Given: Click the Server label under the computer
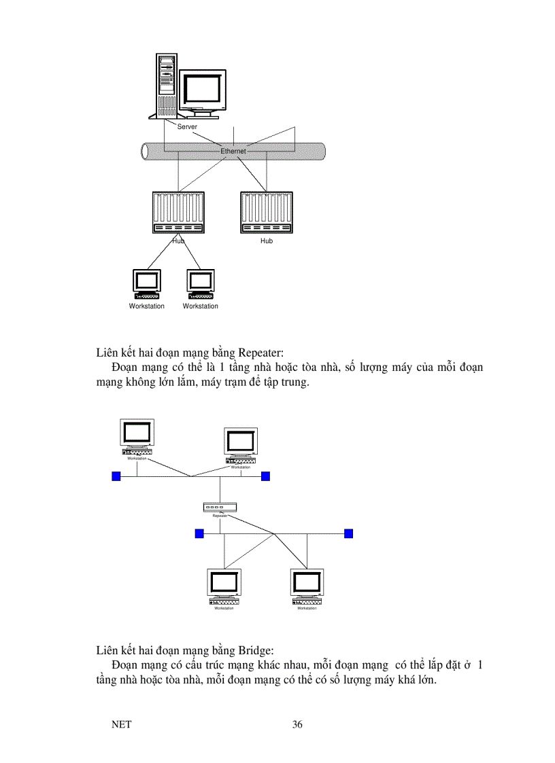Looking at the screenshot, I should point(187,127).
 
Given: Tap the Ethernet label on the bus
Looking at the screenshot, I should point(233,152).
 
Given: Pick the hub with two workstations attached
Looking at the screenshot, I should point(178,213).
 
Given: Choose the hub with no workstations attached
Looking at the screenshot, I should point(266,213).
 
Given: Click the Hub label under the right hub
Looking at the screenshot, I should point(267,241).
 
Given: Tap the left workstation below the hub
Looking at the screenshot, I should point(147,285).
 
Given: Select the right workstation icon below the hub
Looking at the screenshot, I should point(201,285).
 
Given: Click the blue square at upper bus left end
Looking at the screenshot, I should point(116,476).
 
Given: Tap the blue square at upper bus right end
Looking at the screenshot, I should point(266,476).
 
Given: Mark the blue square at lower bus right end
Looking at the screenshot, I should point(349,533).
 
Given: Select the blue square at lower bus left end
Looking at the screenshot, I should point(199,533).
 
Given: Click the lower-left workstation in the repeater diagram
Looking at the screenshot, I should point(224,586).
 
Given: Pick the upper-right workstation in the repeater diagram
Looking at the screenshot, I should point(241,445).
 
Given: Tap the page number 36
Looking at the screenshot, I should point(297,724).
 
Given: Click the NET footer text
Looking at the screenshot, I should point(121,724).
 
